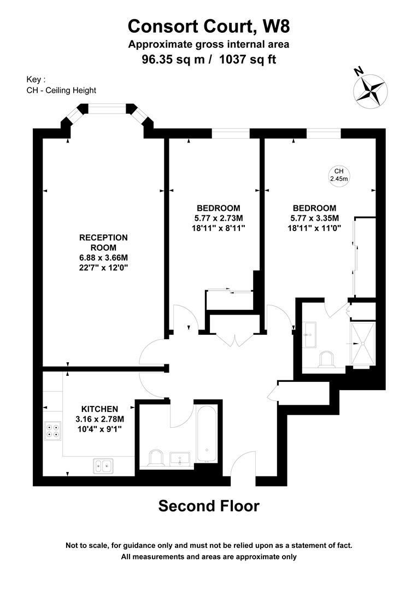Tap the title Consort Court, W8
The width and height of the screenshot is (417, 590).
209,26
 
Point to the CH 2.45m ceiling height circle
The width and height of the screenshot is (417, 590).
338,175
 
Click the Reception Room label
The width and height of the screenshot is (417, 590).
104,243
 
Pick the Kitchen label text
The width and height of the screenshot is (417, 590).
100,409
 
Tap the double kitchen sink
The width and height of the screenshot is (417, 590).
103,466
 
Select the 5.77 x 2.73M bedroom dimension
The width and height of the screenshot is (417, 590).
219,218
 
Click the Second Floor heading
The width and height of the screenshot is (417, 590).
209,506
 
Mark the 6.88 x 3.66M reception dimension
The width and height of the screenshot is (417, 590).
104,258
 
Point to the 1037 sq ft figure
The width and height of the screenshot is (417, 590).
247,59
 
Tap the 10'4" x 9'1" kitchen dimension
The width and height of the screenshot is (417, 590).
100,429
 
